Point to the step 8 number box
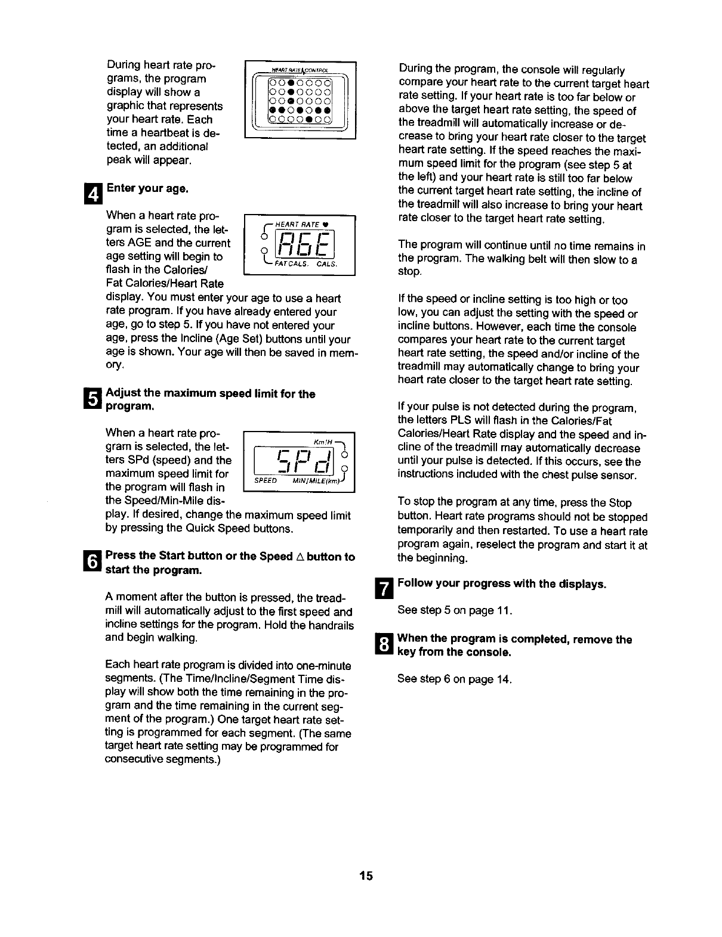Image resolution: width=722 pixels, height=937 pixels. pyautogui.click(x=386, y=645)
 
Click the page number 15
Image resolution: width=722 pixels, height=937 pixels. pyautogui.click(x=366, y=876)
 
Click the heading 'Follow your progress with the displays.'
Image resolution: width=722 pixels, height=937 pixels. pyautogui.click(x=502, y=584)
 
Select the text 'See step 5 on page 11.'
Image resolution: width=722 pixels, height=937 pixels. pyautogui.click(x=455, y=611)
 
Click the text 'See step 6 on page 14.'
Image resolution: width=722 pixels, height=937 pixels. pyautogui.click(x=455, y=679)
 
